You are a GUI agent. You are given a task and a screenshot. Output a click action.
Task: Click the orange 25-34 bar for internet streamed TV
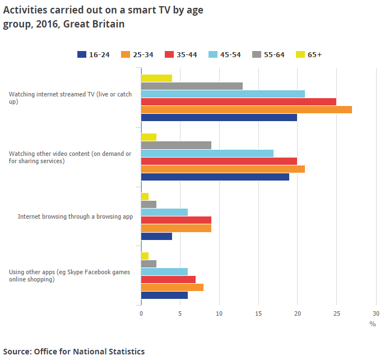tap(246, 109)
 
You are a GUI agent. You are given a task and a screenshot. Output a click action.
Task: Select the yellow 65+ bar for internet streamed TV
tap(156, 78)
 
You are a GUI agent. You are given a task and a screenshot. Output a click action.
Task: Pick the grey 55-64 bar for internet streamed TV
tap(192, 86)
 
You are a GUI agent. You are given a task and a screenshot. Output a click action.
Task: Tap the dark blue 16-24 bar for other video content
tap(215, 177)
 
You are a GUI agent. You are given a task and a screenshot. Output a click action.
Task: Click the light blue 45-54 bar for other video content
tap(207, 153)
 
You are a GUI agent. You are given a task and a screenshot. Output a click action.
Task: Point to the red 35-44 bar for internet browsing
tap(176, 220)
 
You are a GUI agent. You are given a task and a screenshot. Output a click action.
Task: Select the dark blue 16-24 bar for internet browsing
tap(156, 236)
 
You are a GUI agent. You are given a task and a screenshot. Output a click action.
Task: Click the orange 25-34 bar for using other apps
tap(172, 287)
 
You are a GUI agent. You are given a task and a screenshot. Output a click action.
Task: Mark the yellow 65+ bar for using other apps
tap(145, 256)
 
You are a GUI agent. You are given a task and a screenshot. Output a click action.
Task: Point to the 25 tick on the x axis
tap(336, 313)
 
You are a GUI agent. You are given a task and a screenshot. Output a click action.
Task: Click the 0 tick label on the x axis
tap(141, 313)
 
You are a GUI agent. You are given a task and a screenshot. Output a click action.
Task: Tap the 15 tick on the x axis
tap(258, 313)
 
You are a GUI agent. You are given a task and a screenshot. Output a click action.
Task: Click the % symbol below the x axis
tap(372, 324)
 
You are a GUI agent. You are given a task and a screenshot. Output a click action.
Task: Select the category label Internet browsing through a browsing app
tap(75, 216)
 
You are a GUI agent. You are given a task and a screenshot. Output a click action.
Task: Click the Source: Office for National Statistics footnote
tap(73, 352)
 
